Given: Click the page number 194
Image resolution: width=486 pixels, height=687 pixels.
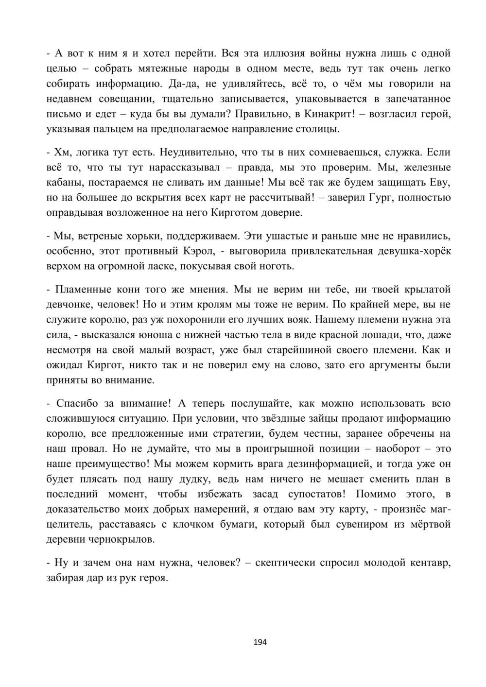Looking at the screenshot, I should tap(260, 642).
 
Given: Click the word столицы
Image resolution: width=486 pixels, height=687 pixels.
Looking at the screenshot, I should tap(320, 129).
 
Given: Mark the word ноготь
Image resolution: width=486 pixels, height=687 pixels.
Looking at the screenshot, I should tap(276, 266).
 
